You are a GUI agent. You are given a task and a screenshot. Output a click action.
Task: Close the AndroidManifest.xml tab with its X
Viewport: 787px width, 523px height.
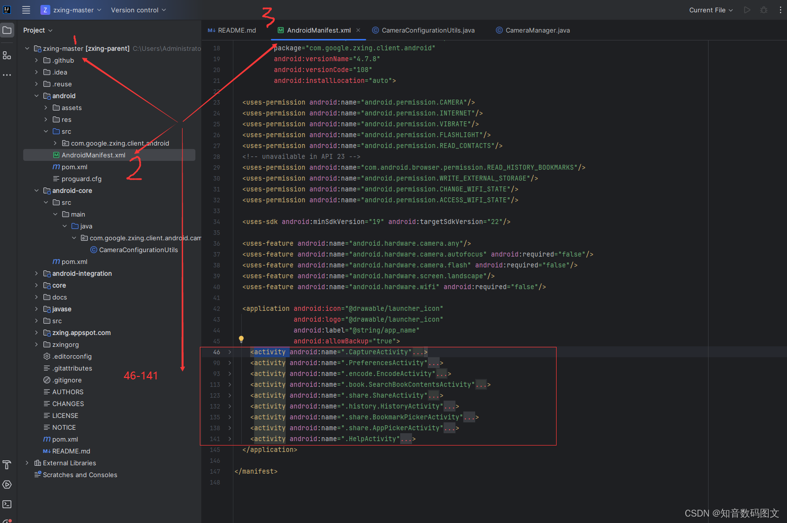358,31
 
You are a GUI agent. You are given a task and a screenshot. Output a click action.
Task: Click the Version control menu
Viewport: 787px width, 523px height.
138,10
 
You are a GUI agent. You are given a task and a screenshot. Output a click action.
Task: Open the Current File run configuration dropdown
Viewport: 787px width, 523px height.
711,10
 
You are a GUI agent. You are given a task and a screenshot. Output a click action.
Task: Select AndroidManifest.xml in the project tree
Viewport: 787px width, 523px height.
93,155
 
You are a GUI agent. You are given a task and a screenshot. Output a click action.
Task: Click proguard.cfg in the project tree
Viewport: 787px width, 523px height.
81,179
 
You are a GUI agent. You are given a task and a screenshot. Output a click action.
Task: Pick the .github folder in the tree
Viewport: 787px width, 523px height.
63,61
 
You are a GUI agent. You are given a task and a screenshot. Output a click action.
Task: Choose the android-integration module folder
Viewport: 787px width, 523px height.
82,274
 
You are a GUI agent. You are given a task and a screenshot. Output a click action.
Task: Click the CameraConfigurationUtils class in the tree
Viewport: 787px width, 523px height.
138,250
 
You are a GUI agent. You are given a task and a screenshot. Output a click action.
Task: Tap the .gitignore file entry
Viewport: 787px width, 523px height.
67,380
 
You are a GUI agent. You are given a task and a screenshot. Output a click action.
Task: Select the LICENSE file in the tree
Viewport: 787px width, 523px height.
65,416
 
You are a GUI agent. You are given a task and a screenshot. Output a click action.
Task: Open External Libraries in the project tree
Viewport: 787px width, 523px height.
69,463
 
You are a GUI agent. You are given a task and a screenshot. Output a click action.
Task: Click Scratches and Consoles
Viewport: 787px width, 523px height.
80,475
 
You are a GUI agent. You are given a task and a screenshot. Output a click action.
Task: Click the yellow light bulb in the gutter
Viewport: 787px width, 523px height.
241,339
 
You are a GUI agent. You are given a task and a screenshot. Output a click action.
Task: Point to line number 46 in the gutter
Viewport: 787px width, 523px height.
217,352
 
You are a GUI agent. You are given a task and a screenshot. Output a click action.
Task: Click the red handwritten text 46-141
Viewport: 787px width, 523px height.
141,376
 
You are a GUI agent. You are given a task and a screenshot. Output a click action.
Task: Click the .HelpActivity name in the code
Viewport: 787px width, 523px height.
372,439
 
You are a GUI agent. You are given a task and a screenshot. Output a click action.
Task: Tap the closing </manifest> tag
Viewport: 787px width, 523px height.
256,472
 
